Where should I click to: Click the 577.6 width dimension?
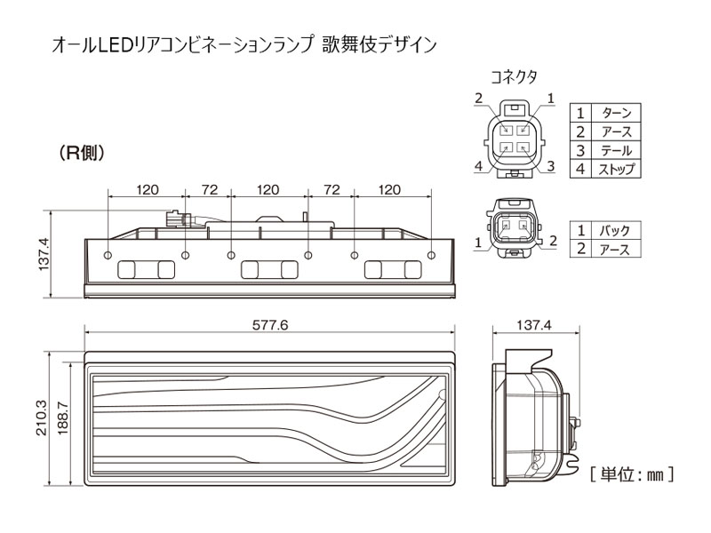click(270, 325)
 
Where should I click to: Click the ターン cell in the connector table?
click(616, 113)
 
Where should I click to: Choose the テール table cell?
click(616, 149)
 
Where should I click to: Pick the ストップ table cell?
click(616, 168)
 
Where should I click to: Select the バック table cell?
click(616, 230)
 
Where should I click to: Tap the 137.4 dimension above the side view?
click(534, 325)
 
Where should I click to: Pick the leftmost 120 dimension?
click(147, 189)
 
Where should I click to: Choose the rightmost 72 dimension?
click(332, 189)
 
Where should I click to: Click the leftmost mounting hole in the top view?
click(108, 256)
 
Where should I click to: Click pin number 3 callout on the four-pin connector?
click(551, 165)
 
